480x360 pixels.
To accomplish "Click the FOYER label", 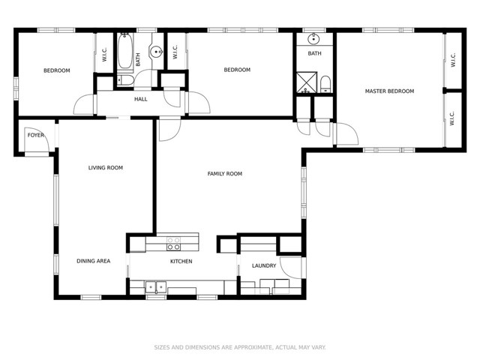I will coord(36,136).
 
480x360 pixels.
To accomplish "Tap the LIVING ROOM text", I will coord(105,168).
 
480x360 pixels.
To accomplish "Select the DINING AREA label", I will coord(94,262).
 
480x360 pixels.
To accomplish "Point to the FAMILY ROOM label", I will coord(225,174).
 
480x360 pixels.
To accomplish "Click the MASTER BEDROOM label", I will coord(389,91).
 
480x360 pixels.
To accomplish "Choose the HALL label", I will coord(140,99).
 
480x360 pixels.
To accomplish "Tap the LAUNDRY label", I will coord(264,265).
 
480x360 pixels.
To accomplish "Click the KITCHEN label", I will coord(181,262).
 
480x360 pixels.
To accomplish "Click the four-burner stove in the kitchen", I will coord(173,243).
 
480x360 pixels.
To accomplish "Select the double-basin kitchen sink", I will coord(156,286).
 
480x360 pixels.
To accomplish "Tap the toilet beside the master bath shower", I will coord(325,84).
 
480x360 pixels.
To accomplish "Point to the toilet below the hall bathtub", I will coord(124,80).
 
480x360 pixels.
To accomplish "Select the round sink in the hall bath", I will coord(155,52).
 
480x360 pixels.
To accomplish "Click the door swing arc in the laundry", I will coord(292,267).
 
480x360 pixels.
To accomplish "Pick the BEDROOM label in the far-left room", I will coord(56,71).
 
